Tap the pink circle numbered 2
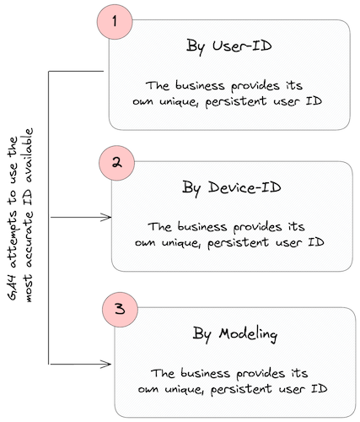click(x=118, y=162)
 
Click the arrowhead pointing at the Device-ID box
click(x=107, y=217)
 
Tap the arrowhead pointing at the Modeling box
click(x=107, y=364)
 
